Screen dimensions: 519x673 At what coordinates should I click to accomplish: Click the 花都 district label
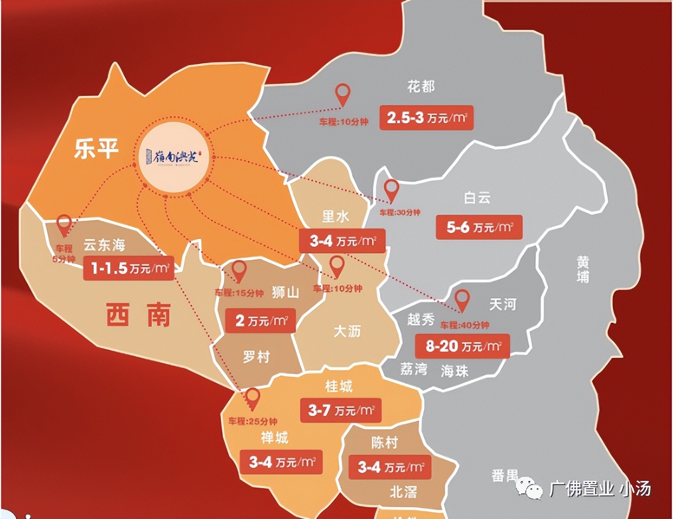(421, 87)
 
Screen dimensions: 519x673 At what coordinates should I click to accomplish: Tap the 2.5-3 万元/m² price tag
(426, 118)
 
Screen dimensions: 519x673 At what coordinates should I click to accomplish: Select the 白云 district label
(478, 197)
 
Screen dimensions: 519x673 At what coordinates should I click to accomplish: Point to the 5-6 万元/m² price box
(479, 227)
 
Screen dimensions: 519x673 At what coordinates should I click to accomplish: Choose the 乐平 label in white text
(96, 149)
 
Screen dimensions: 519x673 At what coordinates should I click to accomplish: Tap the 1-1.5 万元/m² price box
(128, 268)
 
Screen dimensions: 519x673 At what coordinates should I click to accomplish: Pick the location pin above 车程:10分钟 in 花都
(343, 95)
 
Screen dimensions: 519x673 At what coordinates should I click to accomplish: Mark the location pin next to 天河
(462, 300)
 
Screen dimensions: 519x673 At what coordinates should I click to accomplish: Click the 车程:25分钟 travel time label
(253, 421)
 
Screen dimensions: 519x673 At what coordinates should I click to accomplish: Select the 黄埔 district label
(583, 270)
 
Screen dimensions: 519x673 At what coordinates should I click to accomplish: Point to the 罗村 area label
(256, 356)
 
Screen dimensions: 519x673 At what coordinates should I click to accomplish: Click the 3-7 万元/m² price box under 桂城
(341, 410)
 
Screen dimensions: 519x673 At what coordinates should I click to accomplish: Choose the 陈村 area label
(384, 442)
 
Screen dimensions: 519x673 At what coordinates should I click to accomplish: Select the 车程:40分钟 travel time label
(464, 325)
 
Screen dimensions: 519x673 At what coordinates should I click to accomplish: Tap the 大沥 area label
(347, 331)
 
